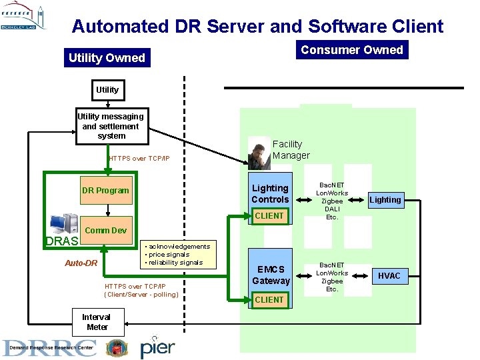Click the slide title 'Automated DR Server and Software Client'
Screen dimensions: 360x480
tap(257, 26)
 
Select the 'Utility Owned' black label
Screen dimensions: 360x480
tap(107, 58)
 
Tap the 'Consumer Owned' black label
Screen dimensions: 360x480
tap(351, 50)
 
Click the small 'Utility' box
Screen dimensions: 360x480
tap(107, 89)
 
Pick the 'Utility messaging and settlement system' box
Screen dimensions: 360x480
tap(111, 126)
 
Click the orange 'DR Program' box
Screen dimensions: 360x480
tap(105, 190)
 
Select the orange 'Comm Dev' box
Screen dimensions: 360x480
tap(106, 230)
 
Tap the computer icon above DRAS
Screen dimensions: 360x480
tap(64, 223)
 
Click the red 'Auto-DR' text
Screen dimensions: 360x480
tap(81, 263)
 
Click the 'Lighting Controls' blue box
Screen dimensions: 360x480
tap(270, 193)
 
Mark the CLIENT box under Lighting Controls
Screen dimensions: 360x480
tap(269, 215)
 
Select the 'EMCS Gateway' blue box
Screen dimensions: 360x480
tap(270, 275)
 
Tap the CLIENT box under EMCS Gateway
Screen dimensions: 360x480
tap(269, 299)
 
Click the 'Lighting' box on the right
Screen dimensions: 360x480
tap(385, 199)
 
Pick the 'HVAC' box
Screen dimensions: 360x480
tap(389, 275)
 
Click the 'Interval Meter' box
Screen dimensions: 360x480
tap(96, 322)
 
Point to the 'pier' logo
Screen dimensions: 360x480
tap(157, 347)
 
